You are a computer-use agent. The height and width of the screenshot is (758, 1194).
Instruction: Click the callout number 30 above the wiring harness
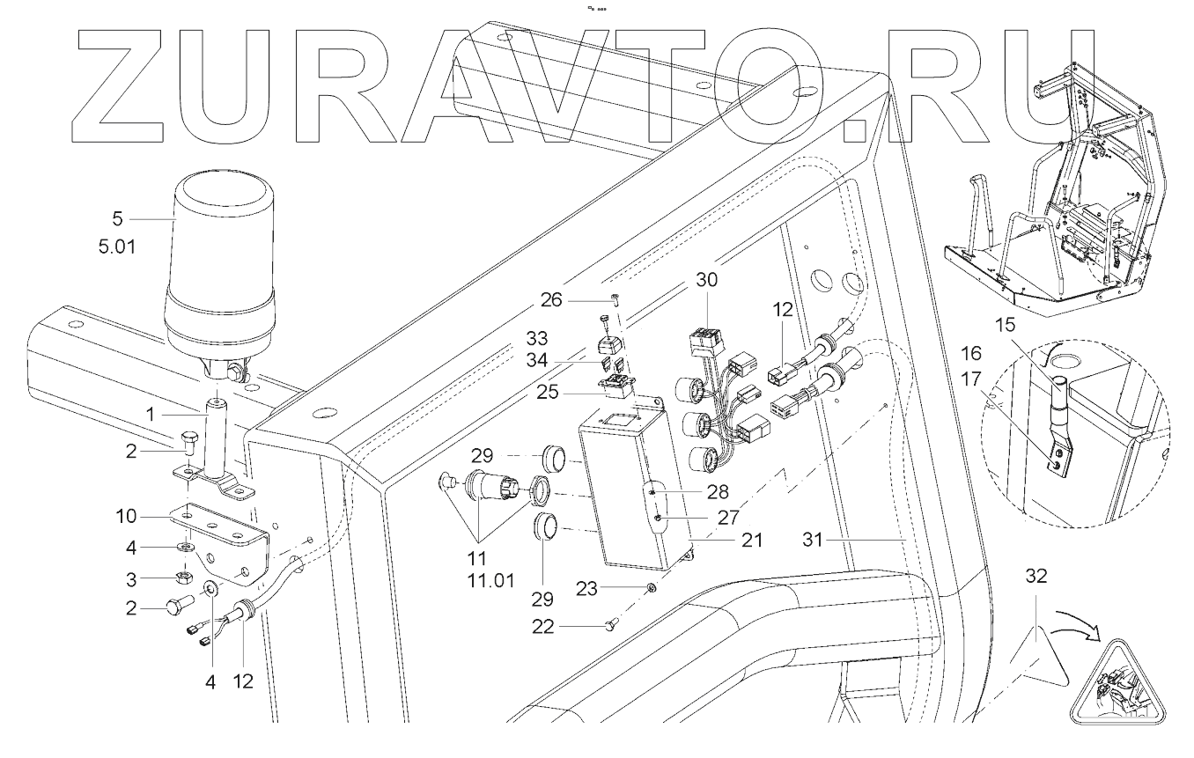(x=706, y=281)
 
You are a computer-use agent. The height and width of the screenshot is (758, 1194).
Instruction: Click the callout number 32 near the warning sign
(x=1038, y=577)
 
